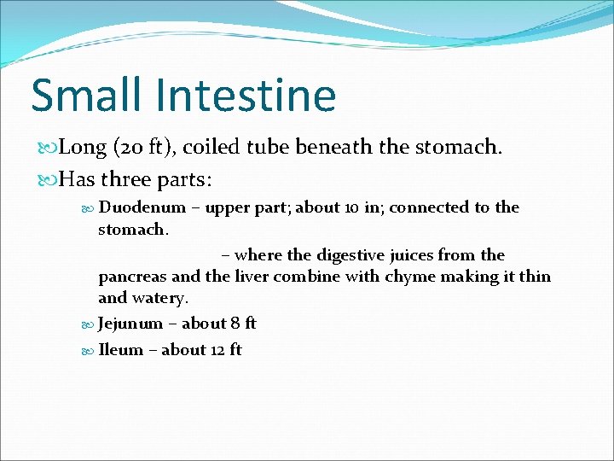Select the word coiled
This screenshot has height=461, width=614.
click(207, 148)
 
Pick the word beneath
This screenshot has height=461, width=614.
click(333, 148)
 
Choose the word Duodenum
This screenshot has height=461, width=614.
click(142, 207)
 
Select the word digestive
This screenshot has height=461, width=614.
click(357, 255)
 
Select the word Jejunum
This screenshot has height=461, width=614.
click(130, 324)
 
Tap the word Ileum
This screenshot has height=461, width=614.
click(121, 350)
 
